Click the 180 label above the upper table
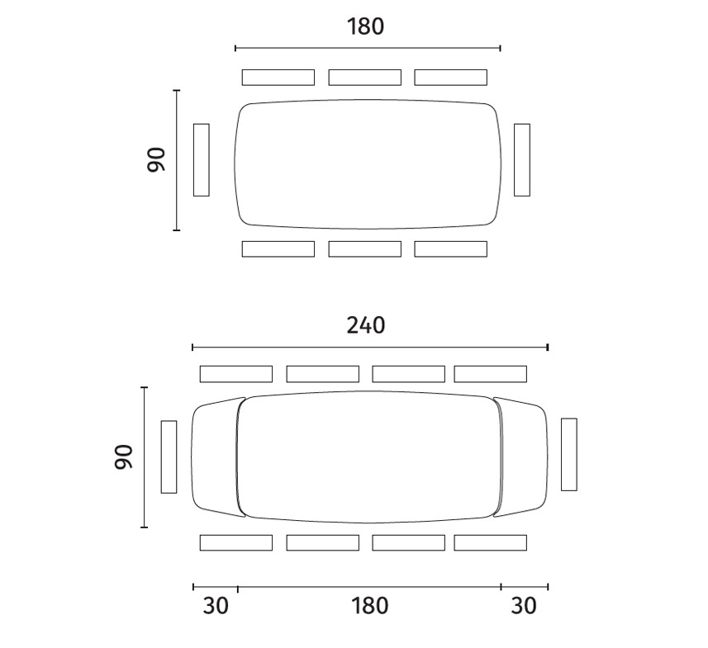365,26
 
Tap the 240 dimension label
366,325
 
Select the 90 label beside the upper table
156,160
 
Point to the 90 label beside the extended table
124,456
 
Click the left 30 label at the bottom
216,606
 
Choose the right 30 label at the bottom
524,606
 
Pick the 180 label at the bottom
369,606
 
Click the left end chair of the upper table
202,160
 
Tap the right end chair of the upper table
522,160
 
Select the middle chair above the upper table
365,77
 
